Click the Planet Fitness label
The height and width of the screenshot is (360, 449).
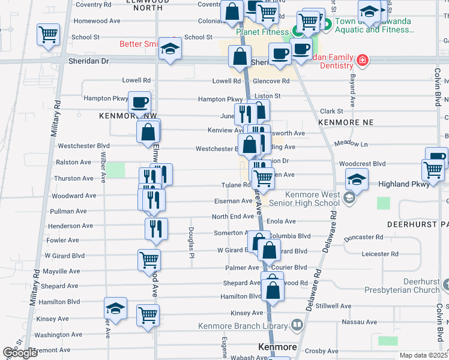coord(262,32)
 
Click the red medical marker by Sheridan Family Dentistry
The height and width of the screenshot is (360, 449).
coord(362,60)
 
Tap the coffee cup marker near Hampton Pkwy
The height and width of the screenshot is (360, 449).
coord(139,103)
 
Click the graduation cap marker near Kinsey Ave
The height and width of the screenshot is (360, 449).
coord(115,308)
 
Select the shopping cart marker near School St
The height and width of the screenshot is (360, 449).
coord(48,34)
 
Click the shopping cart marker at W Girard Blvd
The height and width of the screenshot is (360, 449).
coord(149,260)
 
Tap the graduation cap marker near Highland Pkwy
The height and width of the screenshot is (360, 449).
coord(357,178)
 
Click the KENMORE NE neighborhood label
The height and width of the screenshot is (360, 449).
coord(346,122)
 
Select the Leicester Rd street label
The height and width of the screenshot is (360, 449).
coord(380,254)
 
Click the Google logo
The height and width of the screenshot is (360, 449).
coord(20,353)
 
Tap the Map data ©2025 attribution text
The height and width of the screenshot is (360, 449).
coord(423,355)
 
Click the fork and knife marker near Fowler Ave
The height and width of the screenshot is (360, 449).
coord(156,228)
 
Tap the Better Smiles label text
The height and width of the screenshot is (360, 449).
coord(138,43)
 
